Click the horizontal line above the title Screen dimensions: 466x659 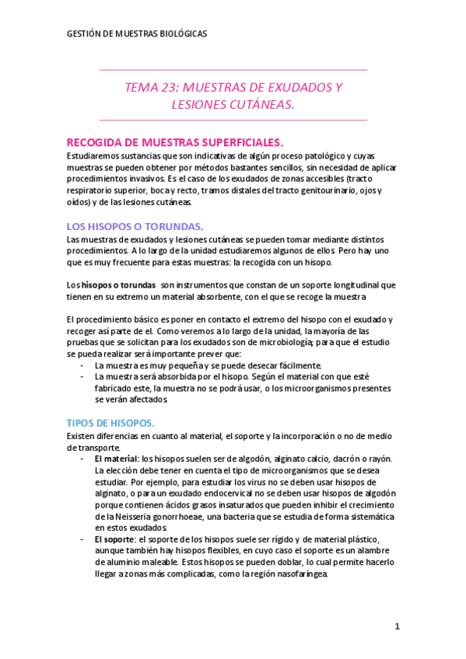(233, 71)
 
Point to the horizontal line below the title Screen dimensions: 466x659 (233, 120)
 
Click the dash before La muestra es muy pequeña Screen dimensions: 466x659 (83, 364)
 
